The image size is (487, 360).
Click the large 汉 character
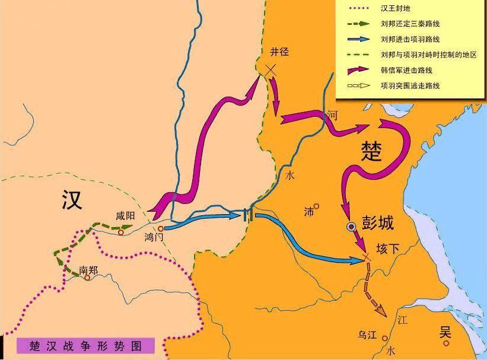[72, 200]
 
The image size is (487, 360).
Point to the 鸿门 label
[153, 237]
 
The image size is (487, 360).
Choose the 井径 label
[278, 52]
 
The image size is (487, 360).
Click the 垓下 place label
[389, 250]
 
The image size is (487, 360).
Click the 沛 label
[308, 211]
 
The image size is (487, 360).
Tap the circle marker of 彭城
[351, 226]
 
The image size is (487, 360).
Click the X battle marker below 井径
[270, 70]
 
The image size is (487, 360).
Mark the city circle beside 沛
[317, 206]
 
